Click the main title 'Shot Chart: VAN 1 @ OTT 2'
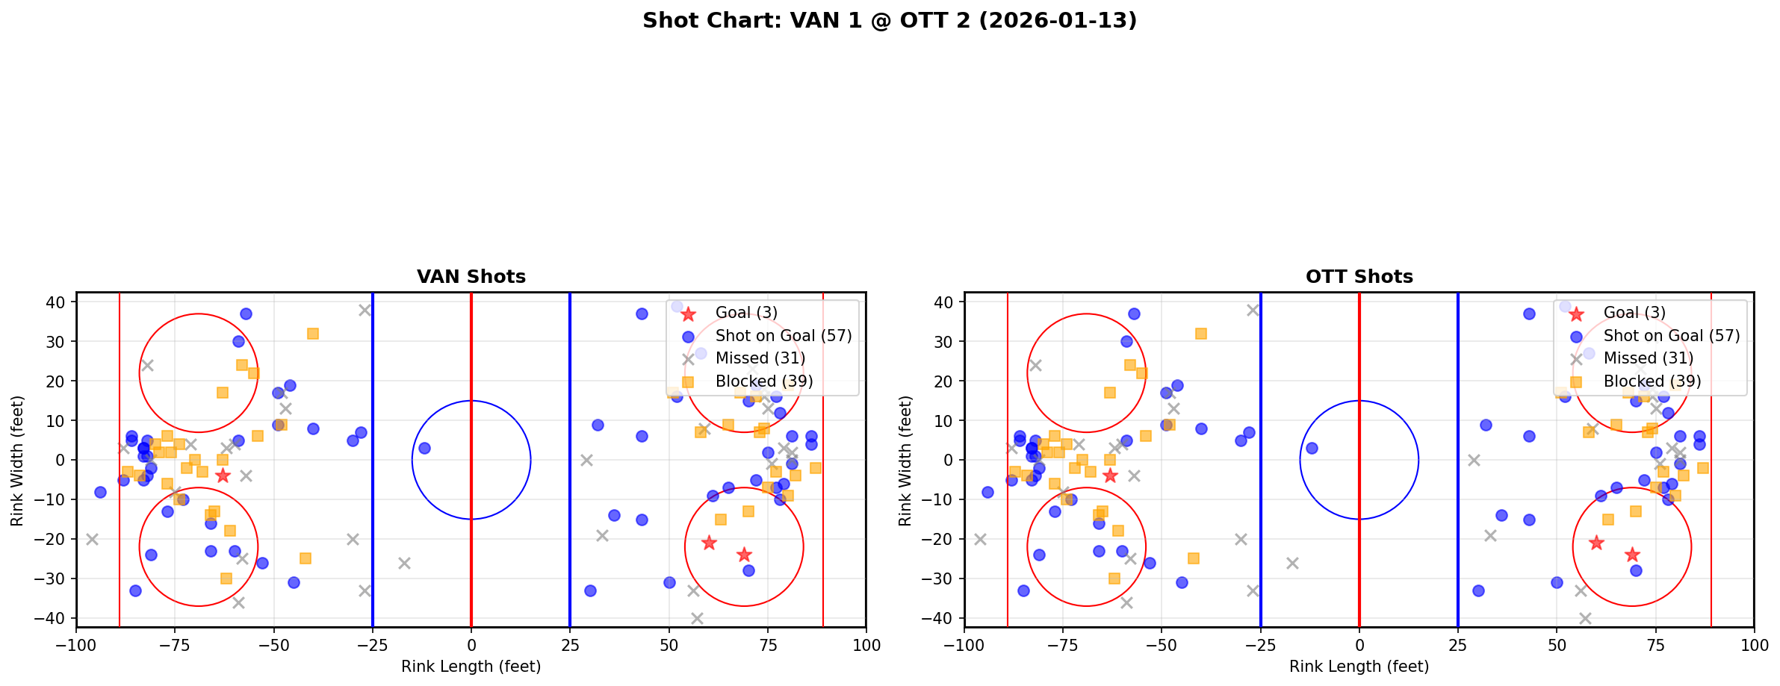(889, 21)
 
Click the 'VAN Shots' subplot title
(471, 277)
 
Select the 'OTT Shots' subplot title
(1359, 277)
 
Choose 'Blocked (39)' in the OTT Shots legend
(1652, 381)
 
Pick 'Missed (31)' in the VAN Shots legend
(760, 358)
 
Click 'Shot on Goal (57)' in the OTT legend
(1671, 336)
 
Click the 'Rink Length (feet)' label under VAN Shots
(471, 667)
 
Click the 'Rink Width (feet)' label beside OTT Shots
(905, 461)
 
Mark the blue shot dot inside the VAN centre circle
(424, 448)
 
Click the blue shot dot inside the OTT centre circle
(1312, 448)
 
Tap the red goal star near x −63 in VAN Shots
(223, 475)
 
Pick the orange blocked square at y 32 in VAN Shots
(313, 334)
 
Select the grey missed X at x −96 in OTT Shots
(980, 539)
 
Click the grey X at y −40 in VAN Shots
(697, 618)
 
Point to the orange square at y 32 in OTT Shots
(1201, 334)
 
